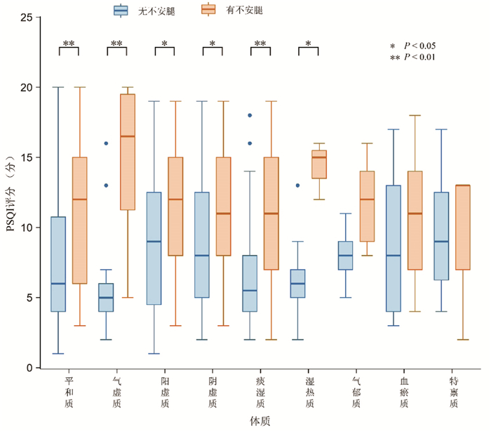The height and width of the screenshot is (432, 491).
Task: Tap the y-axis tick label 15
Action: [x=27, y=157]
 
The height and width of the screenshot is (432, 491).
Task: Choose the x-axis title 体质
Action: [x=260, y=421]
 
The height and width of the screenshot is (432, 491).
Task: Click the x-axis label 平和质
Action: [x=69, y=392]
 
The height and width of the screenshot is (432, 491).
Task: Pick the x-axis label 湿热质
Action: [x=309, y=392]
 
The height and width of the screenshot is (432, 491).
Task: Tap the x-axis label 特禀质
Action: [x=454, y=392]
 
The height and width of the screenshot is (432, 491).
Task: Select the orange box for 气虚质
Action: [x=128, y=152]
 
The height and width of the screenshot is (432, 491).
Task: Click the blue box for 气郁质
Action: [x=345, y=256]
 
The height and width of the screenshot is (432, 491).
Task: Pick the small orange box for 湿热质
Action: [x=319, y=164]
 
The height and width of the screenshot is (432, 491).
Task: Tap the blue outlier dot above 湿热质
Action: [x=298, y=185]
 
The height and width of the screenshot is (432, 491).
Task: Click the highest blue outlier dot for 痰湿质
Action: [x=250, y=115]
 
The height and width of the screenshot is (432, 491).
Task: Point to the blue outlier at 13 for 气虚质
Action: [x=106, y=185]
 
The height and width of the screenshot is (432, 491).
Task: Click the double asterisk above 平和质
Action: [x=69, y=44]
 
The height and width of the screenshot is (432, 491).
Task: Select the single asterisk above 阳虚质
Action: [x=165, y=44]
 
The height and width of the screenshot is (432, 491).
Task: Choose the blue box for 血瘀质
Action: [x=394, y=249]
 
